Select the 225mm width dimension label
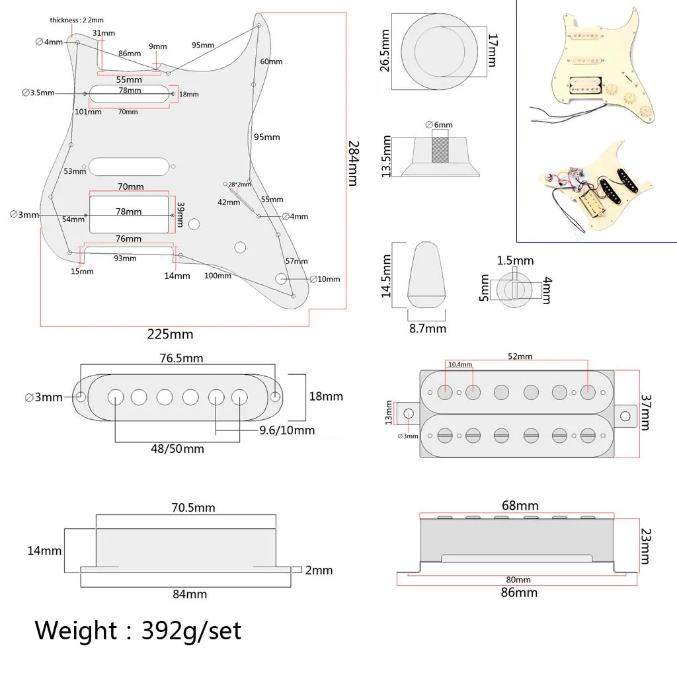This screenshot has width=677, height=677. point(170,334)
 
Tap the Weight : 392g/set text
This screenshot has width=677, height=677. point(138,630)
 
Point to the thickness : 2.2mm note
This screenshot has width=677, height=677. point(76,20)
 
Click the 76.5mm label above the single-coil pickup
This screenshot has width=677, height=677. point(181,358)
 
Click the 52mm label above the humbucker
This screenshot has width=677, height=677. point(520,356)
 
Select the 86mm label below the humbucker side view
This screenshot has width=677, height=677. point(519,592)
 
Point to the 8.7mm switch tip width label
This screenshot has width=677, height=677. point(427,328)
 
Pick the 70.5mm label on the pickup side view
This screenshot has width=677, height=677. point(192,508)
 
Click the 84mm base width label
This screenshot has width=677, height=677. point(190,594)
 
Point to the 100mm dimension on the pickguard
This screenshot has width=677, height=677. point(218,275)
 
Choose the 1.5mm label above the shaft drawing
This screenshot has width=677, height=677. point(515,261)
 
